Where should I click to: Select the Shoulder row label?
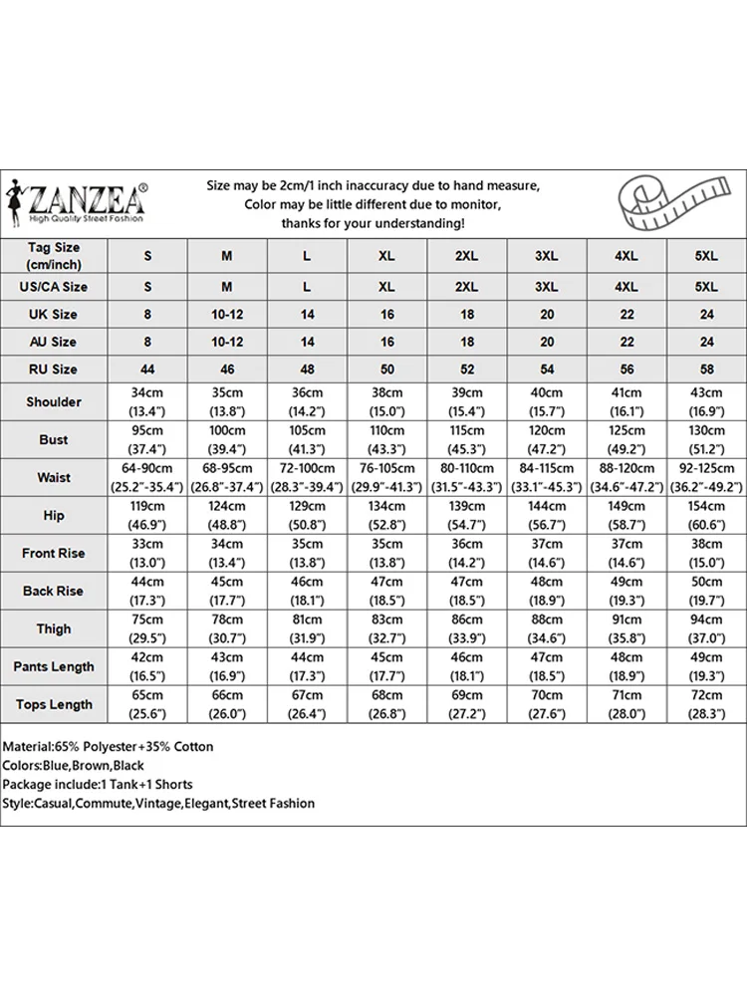pyautogui.click(x=54, y=401)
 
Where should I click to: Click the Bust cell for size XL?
pyautogui.click(x=386, y=439)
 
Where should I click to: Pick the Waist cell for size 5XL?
pyautogui.click(x=705, y=477)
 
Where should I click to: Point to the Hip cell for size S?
pyautogui.click(x=147, y=515)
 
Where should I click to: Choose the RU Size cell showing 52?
pyautogui.click(x=466, y=369)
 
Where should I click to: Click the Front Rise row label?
pyautogui.click(x=54, y=553)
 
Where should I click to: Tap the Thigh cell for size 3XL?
pyautogui.click(x=546, y=628)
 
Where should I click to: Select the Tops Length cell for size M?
pyautogui.click(x=227, y=704)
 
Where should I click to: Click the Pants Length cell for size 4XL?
pyautogui.click(x=625, y=666)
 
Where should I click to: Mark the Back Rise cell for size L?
pyautogui.click(x=307, y=591)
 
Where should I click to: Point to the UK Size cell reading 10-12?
pyautogui.click(x=227, y=314)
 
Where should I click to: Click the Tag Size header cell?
pyautogui.click(x=54, y=256)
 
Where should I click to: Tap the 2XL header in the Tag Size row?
pyautogui.click(x=466, y=256)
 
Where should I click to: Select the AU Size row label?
pyautogui.click(x=54, y=342)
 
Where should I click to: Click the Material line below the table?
pyautogui.click(x=109, y=746)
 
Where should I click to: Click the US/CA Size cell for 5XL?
pyautogui.click(x=705, y=287)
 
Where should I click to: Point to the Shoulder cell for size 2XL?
pyautogui.click(x=466, y=401)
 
